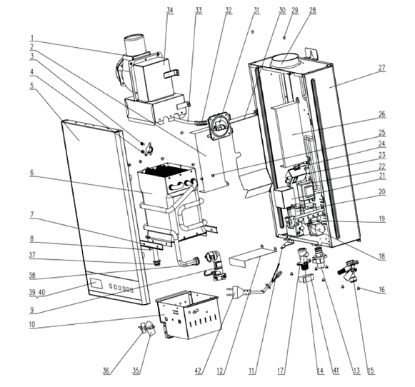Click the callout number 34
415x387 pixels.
(170, 10)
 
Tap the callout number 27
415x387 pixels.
(381, 68)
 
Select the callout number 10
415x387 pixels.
(32, 325)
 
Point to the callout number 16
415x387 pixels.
(381, 289)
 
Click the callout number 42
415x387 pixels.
(199, 371)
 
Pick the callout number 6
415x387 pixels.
(31, 173)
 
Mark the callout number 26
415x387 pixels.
(381, 114)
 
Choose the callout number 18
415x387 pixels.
(381, 256)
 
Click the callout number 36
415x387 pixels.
(106, 371)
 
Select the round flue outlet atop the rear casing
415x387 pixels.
(284, 60)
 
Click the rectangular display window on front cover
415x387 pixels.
(96, 283)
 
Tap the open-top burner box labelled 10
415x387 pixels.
(189, 315)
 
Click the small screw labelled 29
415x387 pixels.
(285, 37)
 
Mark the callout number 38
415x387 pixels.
(32, 276)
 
